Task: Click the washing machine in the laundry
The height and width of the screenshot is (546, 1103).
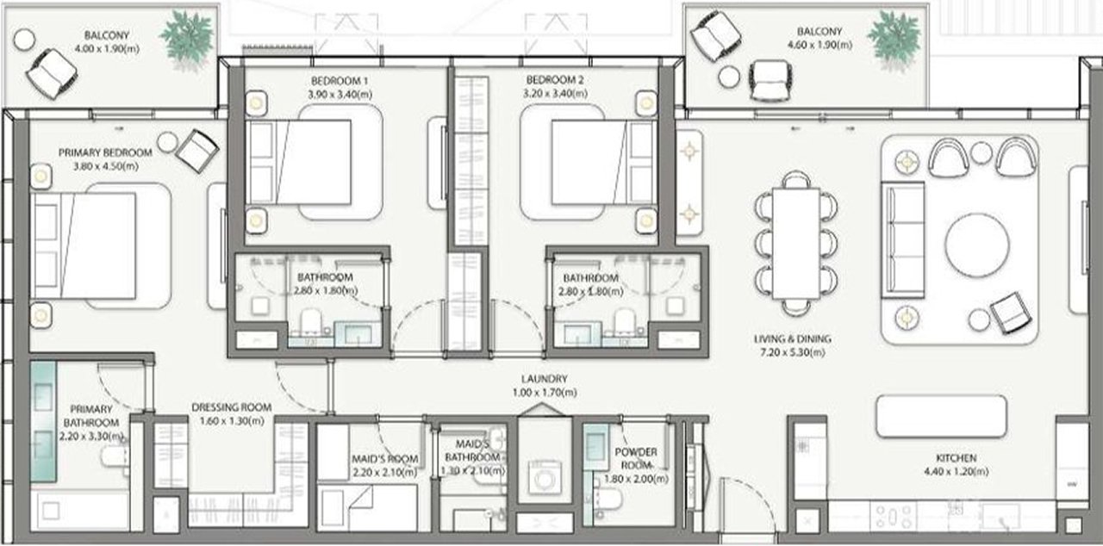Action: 544,476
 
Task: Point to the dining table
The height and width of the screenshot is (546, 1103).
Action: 795,244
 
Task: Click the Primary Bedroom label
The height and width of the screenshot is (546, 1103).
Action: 105,153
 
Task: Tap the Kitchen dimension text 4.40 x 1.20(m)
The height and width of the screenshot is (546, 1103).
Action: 956,471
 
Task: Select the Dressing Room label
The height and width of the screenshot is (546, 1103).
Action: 232,407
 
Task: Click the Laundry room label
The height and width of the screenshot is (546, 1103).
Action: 544,379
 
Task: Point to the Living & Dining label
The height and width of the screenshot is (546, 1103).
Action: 792,339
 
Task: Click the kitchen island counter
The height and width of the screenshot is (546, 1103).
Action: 941,416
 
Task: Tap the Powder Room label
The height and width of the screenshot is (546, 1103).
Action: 636,458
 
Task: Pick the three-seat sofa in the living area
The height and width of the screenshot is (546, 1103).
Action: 902,240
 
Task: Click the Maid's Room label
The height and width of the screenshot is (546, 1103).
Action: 384,459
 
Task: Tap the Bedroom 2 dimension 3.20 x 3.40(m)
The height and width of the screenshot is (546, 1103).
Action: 555,93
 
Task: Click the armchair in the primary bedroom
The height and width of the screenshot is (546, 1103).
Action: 197,151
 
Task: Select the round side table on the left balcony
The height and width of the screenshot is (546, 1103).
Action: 24,40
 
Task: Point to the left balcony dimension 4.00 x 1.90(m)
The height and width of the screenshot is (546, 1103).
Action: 107,49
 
